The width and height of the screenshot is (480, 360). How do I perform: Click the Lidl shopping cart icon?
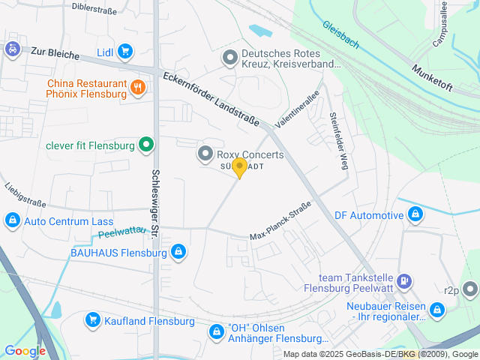pos(124,52)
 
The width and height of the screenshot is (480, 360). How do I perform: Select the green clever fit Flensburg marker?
pos(146,145)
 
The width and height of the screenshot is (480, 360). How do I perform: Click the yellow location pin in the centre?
pos(239,167)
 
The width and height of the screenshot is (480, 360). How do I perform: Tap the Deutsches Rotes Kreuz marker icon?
pos(230,57)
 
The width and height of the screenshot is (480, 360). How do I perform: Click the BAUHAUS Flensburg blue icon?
pos(178,253)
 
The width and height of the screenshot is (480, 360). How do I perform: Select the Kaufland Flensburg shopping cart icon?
pos(92,321)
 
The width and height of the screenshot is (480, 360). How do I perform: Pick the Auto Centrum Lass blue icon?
pos(12,221)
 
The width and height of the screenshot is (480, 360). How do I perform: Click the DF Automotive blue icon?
pos(415,216)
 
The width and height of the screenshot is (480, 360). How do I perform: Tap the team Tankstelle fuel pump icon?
pos(404,281)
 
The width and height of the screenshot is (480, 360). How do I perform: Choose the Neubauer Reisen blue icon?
pos(437,309)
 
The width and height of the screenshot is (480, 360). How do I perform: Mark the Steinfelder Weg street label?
pos(338,141)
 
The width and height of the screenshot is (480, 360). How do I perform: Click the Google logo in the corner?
pos(25,350)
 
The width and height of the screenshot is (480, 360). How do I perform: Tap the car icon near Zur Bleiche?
pos(12,49)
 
